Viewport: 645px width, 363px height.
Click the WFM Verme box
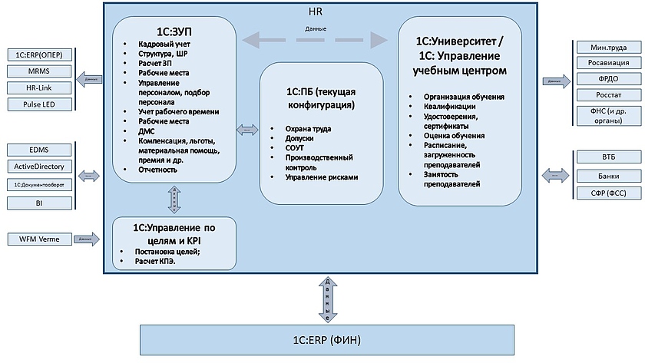click(x=39, y=239)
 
